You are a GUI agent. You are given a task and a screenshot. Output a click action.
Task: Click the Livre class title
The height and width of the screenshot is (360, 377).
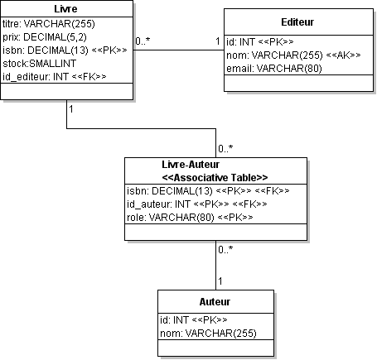pyautogui.click(x=65, y=9)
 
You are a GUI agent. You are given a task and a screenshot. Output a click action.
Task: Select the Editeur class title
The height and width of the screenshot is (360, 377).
pyautogui.click(x=297, y=22)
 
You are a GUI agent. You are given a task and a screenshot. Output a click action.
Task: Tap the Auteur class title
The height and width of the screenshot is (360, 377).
pyautogui.click(x=215, y=302)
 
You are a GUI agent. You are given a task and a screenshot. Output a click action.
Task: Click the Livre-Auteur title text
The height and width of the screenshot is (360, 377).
pyautogui.click(x=191, y=165)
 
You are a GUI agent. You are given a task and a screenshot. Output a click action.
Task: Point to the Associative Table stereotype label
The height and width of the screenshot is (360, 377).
pyautogui.click(x=215, y=178)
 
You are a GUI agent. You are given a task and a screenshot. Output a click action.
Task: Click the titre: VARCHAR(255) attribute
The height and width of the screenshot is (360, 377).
pyautogui.click(x=49, y=24)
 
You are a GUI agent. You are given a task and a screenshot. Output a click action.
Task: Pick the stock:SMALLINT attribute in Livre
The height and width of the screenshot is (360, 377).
pyautogui.click(x=39, y=64)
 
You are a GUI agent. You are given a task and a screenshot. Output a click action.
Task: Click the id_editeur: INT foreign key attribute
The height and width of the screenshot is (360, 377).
pyautogui.click(x=55, y=77)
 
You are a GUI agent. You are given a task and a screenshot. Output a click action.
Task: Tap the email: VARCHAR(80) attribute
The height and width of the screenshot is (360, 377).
pyautogui.click(x=274, y=69)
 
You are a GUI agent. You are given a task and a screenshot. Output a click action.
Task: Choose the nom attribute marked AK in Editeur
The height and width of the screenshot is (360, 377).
pyautogui.click(x=293, y=55)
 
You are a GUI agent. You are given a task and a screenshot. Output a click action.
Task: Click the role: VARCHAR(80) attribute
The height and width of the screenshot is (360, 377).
pyautogui.click(x=190, y=218)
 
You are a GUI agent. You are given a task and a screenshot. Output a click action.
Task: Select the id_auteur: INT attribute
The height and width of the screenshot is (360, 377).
pyautogui.click(x=197, y=204)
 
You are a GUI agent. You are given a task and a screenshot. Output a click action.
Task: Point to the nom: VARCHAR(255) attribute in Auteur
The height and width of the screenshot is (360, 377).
pyautogui.click(x=208, y=334)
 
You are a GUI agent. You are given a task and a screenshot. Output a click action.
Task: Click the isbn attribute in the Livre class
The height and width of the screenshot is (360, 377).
pyautogui.click(x=65, y=50)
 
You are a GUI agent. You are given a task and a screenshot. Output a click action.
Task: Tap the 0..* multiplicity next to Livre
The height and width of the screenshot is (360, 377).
pyautogui.click(x=143, y=41)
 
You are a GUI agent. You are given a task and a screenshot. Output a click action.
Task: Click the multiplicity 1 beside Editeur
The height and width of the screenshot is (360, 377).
pyautogui.click(x=218, y=41)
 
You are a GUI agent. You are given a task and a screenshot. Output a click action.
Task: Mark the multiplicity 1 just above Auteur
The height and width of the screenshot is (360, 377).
pyautogui.click(x=220, y=281)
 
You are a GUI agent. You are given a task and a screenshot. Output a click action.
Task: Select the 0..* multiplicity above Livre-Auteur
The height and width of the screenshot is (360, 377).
pyautogui.click(x=225, y=149)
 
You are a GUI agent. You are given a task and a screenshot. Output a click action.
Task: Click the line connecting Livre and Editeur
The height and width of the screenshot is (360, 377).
pyautogui.click(x=179, y=50)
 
